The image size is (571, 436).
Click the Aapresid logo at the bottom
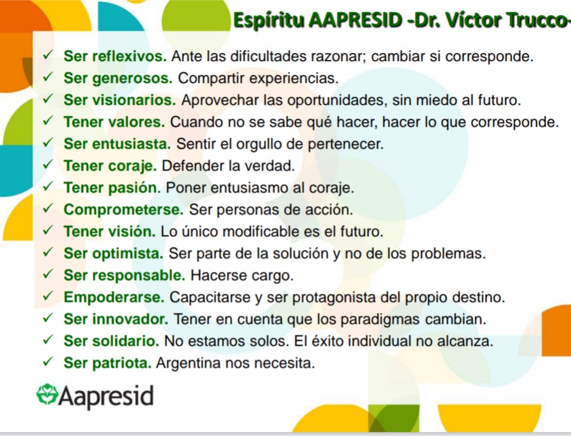(95, 396)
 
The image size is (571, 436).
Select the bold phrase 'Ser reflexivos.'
(115, 56)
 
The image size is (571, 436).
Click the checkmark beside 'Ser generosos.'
(49, 78)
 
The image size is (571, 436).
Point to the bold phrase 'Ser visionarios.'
(119, 100)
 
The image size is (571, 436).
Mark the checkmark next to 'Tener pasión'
(49, 187)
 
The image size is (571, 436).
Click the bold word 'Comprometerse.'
(123, 210)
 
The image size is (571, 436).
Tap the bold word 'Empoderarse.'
(114, 298)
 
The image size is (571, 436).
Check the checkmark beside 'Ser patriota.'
(49, 362)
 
